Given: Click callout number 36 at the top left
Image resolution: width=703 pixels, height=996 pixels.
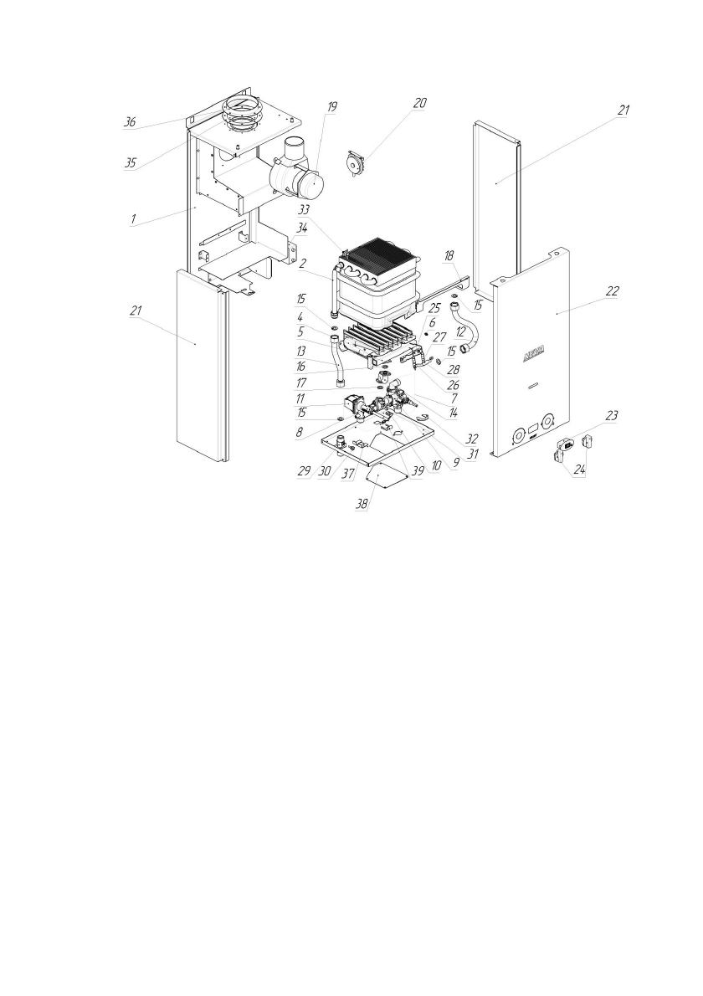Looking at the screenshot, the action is [x=130, y=122].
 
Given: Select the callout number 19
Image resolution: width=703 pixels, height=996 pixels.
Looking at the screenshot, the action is [x=332, y=107].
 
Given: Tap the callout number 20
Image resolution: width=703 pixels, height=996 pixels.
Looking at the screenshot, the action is [x=419, y=103].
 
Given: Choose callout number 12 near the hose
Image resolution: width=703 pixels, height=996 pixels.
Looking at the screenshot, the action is [x=459, y=332].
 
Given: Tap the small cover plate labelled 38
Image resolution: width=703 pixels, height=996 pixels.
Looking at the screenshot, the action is [x=386, y=479].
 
